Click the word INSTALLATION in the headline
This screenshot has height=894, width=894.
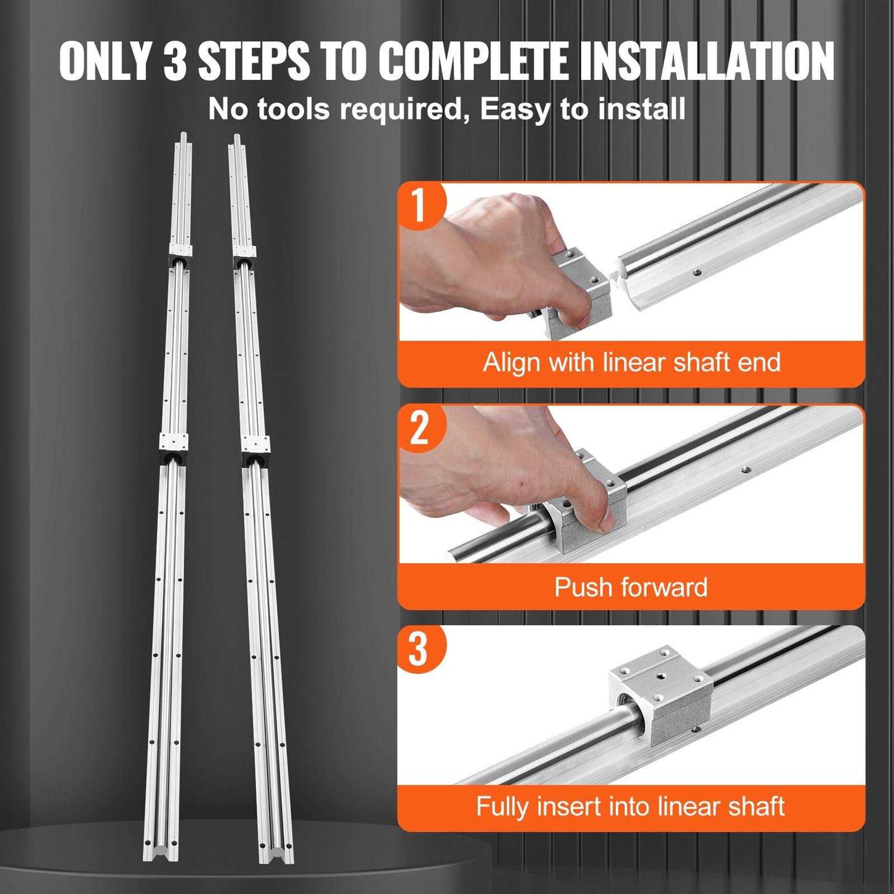click(x=707, y=61)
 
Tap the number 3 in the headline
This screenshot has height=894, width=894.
click(x=175, y=61)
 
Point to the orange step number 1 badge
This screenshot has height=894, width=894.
click(x=420, y=204)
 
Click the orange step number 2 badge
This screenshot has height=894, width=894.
click(x=420, y=427)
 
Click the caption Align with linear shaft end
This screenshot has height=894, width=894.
click(x=631, y=362)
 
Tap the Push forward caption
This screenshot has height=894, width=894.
click(x=631, y=587)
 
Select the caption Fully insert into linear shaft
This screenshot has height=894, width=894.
click(x=630, y=807)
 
